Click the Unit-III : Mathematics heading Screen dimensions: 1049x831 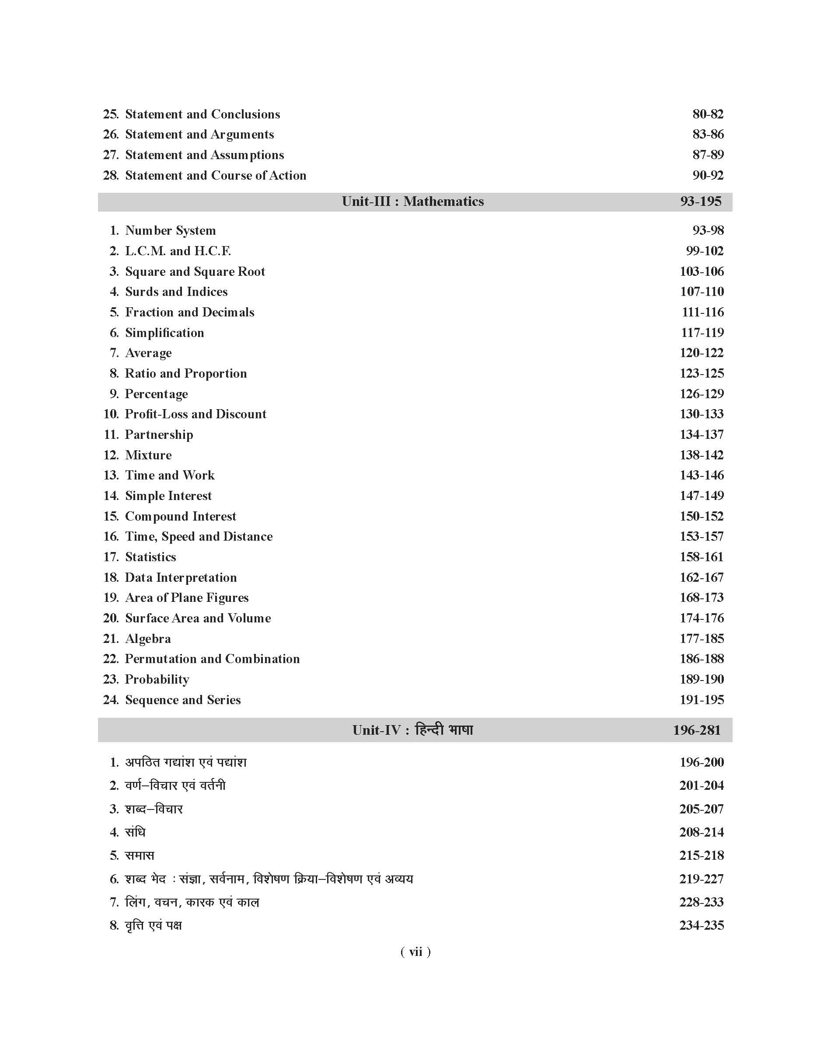pos(412,201)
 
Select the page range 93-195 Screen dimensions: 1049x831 pos(701,201)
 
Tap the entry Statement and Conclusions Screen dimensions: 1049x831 pos(203,114)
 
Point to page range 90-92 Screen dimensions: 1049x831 pos(708,175)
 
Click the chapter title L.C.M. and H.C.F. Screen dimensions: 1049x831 pos(178,251)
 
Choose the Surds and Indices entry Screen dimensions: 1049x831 pos(176,292)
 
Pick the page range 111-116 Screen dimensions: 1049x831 pos(702,312)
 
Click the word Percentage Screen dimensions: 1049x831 pos(156,394)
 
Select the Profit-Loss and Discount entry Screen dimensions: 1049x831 pos(196,414)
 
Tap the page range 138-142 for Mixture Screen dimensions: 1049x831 pos(702,455)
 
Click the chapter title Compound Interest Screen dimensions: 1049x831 pos(181,516)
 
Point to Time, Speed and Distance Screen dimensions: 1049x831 pos(199,537)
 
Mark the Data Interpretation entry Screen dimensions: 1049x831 pos(181,577)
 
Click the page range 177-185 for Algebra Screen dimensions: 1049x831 pos(702,639)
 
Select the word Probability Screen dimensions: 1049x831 pos(157,680)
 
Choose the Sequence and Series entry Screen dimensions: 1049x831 pos(183,700)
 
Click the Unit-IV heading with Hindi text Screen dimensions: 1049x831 pos(412,730)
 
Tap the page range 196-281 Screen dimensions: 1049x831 pos(697,730)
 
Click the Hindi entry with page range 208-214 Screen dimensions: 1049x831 pos(135,832)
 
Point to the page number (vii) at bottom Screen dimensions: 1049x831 pos(415,952)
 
